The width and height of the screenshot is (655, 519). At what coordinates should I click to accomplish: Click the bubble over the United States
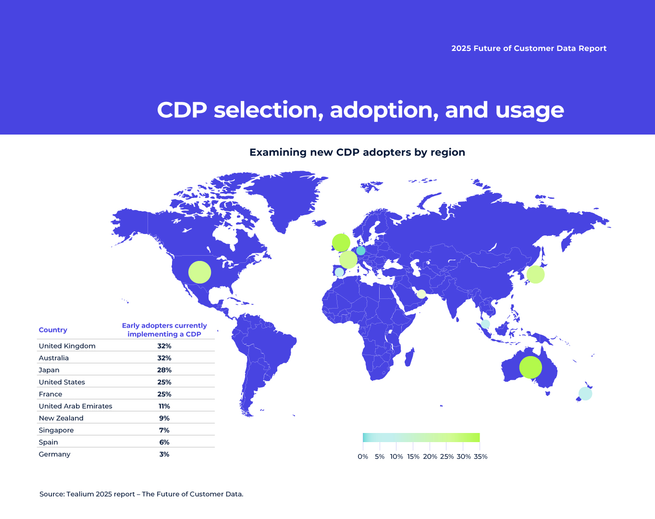click(199, 272)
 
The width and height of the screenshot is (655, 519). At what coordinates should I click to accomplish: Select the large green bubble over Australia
click(531, 368)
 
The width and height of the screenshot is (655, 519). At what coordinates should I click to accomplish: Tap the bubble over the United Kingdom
click(341, 243)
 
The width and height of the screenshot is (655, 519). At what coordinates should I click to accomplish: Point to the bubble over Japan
click(535, 274)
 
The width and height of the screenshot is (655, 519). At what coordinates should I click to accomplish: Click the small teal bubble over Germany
click(361, 250)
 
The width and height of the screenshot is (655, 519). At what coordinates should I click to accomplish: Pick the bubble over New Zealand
click(585, 394)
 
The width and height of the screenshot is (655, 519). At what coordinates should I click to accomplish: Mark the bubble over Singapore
click(485, 324)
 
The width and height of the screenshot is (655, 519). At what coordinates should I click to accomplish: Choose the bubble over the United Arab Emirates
click(421, 294)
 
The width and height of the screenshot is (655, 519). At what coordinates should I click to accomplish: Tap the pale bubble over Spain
click(339, 272)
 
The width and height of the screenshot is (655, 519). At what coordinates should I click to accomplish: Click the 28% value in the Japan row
click(164, 370)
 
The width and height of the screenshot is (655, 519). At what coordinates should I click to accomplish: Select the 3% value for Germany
click(164, 454)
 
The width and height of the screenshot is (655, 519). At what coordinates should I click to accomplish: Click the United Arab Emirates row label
click(75, 406)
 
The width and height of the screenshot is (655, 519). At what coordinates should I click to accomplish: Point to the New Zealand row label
click(61, 418)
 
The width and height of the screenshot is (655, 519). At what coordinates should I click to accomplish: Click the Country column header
click(53, 330)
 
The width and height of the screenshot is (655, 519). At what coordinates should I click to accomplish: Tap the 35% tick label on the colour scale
click(481, 457)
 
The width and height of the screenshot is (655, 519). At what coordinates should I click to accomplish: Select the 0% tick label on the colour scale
click(363, 457)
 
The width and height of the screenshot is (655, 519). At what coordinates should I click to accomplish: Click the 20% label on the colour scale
click(430, 457)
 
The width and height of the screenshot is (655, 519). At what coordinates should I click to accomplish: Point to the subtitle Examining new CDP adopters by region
click(357, 152)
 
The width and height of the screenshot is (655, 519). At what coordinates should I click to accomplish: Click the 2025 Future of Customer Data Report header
click(529, 49)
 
